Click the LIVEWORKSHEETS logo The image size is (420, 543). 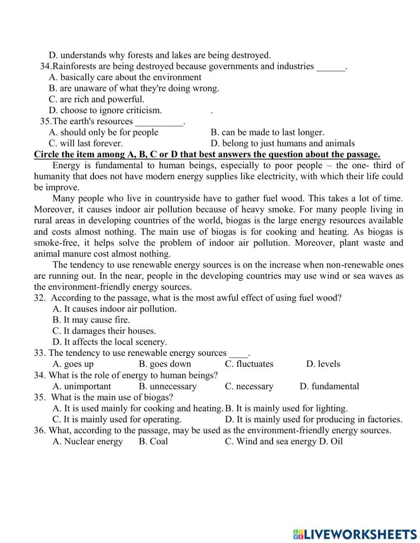(x=355, y=534)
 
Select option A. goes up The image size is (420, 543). (x=73, y=364)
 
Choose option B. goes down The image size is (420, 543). (x=165, y=364)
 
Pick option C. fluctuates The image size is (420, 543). (x=249, y=364)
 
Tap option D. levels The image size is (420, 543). (x=323, y=364)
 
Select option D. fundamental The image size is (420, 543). (x=329, y=386)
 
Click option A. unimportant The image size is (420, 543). (x=82, y=386)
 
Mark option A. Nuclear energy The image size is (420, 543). (x=88, y=441)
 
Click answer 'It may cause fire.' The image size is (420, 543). (x=91, y=320)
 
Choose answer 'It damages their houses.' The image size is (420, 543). (x=104, y=331)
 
